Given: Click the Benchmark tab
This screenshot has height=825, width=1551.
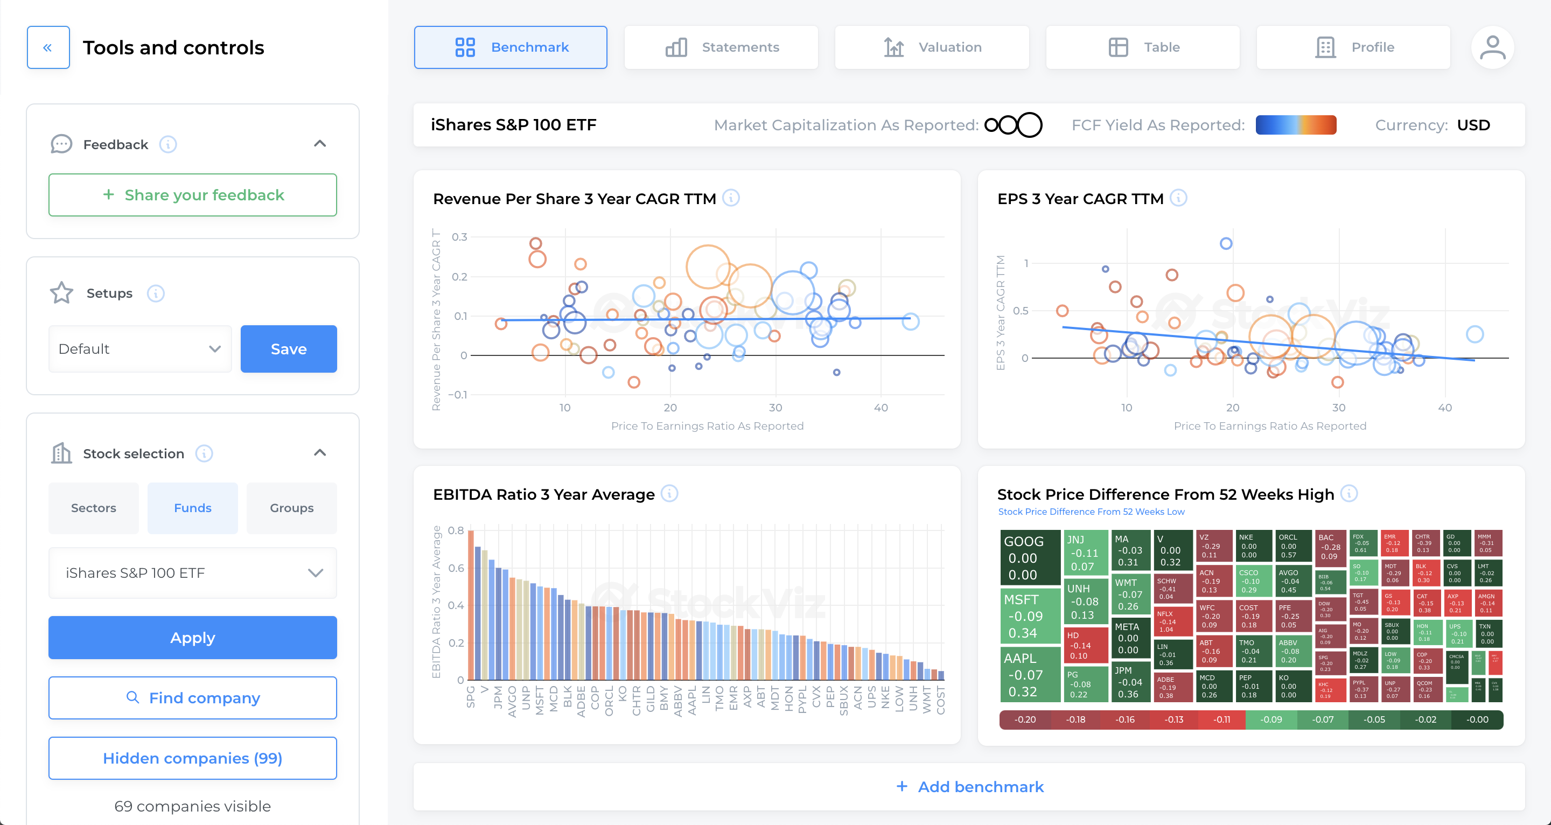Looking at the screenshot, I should [510, 47].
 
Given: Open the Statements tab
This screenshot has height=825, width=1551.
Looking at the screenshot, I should [721, 47].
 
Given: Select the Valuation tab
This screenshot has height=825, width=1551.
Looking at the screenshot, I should [932, 47].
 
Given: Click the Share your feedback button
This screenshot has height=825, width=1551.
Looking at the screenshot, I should [193, 194].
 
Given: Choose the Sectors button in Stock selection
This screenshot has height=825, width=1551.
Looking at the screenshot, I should [93, 508].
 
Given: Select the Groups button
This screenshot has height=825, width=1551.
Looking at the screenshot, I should [291, 508].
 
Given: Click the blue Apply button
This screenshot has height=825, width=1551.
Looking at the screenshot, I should [193, 637].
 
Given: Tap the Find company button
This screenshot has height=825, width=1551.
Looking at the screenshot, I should [193, 697].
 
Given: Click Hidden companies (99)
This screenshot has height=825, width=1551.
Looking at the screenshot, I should [193, 758].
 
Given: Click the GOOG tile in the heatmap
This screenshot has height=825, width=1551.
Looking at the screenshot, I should [1029, 557].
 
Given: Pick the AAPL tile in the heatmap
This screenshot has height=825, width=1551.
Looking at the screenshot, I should [1029, 674].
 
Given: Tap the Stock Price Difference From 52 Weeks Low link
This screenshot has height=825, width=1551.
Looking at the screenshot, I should [1091, 511].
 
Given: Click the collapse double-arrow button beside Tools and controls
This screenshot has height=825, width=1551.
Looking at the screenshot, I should [48, 47].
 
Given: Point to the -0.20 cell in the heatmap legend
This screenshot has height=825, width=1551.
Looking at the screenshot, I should [1025, 719].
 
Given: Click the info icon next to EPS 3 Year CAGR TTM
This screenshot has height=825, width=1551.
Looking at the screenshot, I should [1178, 198].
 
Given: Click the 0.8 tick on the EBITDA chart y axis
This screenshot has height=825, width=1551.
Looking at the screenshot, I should [456, 530].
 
